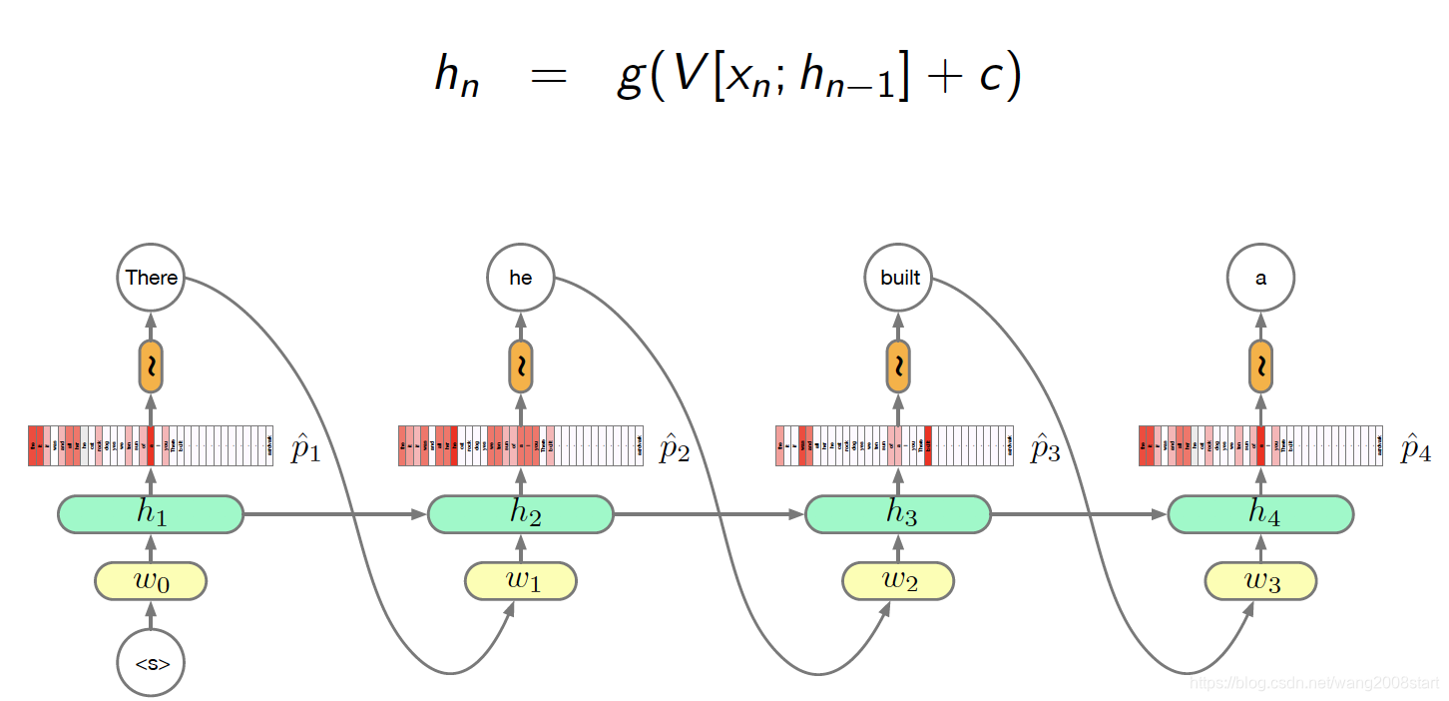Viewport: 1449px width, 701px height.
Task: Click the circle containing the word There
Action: click(x=151, y=278)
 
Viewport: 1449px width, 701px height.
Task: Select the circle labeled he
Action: click(x=521, y=278)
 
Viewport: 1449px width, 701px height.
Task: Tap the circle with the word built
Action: click(x=899, y=278)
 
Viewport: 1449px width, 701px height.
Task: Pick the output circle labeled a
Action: click(x=1260, y=278)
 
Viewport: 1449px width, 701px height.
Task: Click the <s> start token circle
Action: click(x=151, y=662)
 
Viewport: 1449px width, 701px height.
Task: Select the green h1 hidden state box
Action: click(x=151, y=514)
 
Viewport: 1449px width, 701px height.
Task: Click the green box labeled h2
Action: click(x=521, y=514)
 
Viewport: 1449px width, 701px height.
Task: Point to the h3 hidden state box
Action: click(x=898, y=514)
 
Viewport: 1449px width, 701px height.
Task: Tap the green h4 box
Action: click(x=1260, y=514)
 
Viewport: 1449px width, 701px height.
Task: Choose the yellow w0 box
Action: click(x=151, y=581)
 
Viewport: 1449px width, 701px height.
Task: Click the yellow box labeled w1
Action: click(x=521, y=581)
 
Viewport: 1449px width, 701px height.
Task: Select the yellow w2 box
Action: click(x=898, y=581)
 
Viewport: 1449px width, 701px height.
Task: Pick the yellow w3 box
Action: click(x=1260, y=581)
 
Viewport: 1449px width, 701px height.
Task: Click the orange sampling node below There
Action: click(x=151, y=366)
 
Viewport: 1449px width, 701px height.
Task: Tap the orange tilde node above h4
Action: click(x=1260, y=366)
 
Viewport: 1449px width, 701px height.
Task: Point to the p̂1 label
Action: click(x=305, y=449)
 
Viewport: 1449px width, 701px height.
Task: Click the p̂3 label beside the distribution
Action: click(x=1045, y=449)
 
